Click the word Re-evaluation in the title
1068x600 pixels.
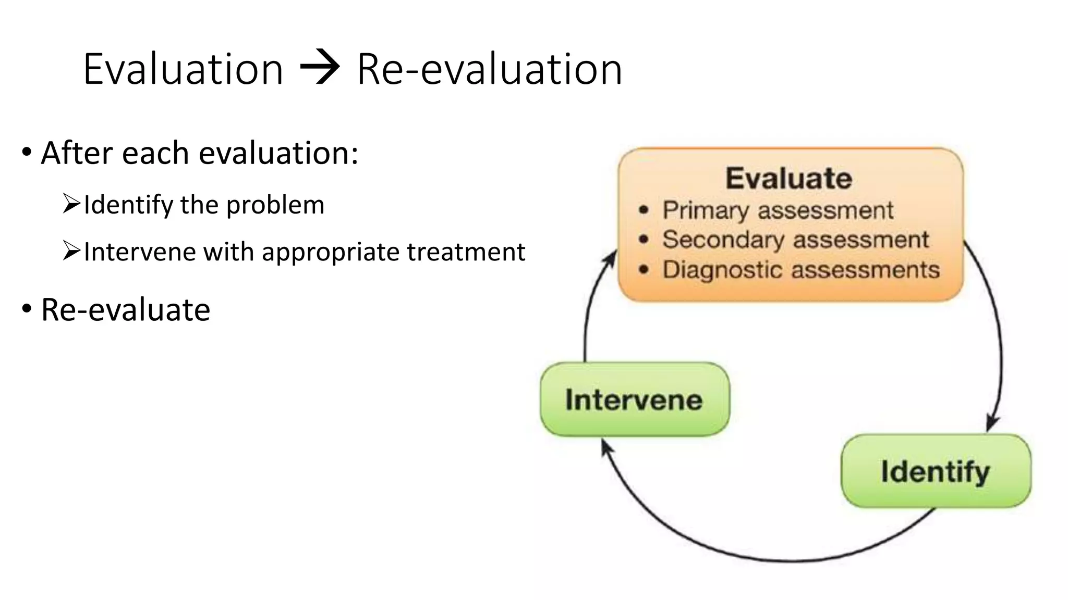(x=489, y=69)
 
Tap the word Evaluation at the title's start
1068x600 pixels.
(x=183, y=69)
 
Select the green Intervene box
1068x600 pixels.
(x=635, y=399)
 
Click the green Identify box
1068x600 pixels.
(x=936, y=471)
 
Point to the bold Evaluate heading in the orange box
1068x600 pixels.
(x=789, y=179)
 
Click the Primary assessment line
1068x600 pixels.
(x=778, y=210)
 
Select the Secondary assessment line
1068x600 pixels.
(x=795, y=240)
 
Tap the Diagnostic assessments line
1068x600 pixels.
(x=801, y=270)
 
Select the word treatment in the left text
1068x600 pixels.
(x=466, y=252)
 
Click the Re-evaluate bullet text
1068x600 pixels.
(x=126, y=310)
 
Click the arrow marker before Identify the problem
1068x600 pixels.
(x=71, y=204)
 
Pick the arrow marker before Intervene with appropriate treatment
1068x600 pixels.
(x=71, y=251)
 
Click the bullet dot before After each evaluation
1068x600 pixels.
(x=27, y=153)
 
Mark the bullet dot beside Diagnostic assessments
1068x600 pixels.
(x=644, y=270)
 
